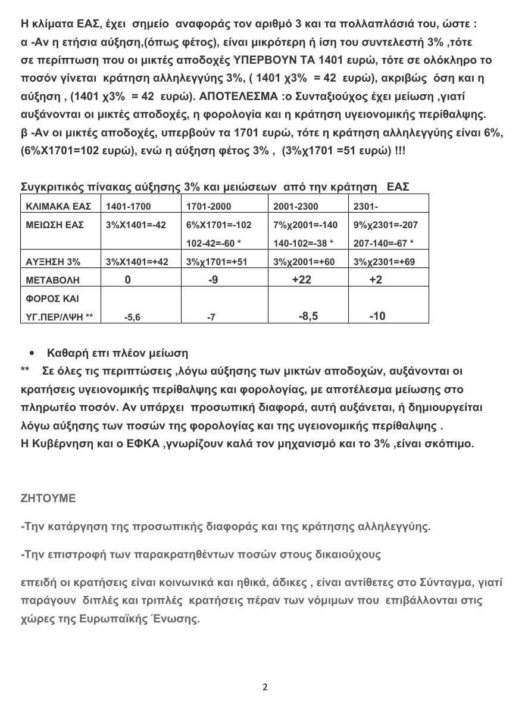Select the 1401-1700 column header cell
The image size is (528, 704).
tap(128, 207)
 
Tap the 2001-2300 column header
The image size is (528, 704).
tap(295, 207)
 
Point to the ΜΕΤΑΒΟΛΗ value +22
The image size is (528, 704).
tap(302, 279)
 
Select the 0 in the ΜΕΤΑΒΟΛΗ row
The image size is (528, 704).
tap(127, 279)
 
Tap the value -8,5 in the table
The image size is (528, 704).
tap(308, 316)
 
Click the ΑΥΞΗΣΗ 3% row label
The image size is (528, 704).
tap(52, 261)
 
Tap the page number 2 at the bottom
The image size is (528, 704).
tap(265, 687)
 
